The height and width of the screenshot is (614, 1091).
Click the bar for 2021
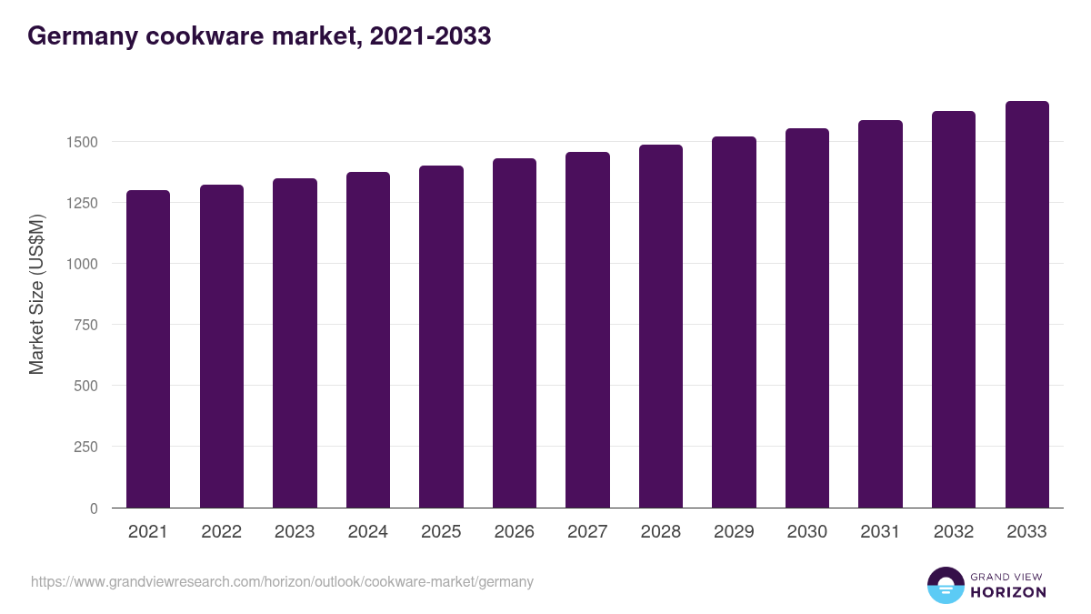[148, 349]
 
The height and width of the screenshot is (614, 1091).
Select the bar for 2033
[1026, 305]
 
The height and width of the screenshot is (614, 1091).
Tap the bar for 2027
[587, 330]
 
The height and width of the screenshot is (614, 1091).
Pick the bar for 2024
[368, 340]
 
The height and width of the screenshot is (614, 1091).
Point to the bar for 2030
[807, 318]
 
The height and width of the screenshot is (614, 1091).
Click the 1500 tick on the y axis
[81, 142]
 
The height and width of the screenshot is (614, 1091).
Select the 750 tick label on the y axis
[85, 325]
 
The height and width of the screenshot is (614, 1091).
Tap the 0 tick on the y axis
[93, 508]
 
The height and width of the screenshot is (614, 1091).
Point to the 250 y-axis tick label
[85, 447]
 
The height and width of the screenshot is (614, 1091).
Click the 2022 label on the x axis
[221, 532]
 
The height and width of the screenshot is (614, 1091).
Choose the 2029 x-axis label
[734, 532]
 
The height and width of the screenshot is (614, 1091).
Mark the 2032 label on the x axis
[954, 532]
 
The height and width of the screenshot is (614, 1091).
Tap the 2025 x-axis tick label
[441, 532]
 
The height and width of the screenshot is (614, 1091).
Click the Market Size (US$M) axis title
[36, 294]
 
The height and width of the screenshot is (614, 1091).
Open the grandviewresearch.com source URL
[282, 581]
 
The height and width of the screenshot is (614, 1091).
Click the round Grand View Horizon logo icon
[945, 585]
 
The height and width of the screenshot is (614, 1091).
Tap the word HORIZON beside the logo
[1007, 592]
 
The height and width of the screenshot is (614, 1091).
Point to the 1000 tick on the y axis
[81, 264]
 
